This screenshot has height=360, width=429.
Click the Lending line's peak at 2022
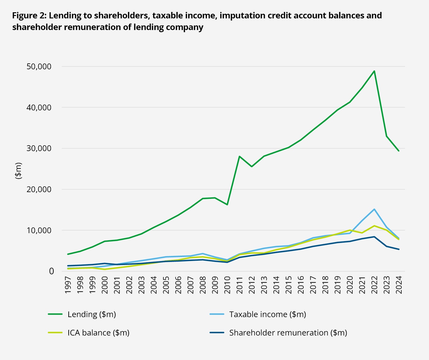374,71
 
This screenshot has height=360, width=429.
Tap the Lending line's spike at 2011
239,156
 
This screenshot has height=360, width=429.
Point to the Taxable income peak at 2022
374,209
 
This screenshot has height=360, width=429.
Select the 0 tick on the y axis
51,271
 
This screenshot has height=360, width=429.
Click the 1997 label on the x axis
68,285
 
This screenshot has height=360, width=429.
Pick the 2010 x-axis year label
227,285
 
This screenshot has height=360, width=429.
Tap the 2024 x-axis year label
399,285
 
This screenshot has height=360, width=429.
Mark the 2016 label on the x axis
301,285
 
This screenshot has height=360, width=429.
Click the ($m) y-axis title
18,171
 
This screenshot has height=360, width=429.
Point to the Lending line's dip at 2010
227,204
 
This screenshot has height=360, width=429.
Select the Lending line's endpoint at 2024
399,151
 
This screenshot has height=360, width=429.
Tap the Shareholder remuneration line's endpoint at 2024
399,249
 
